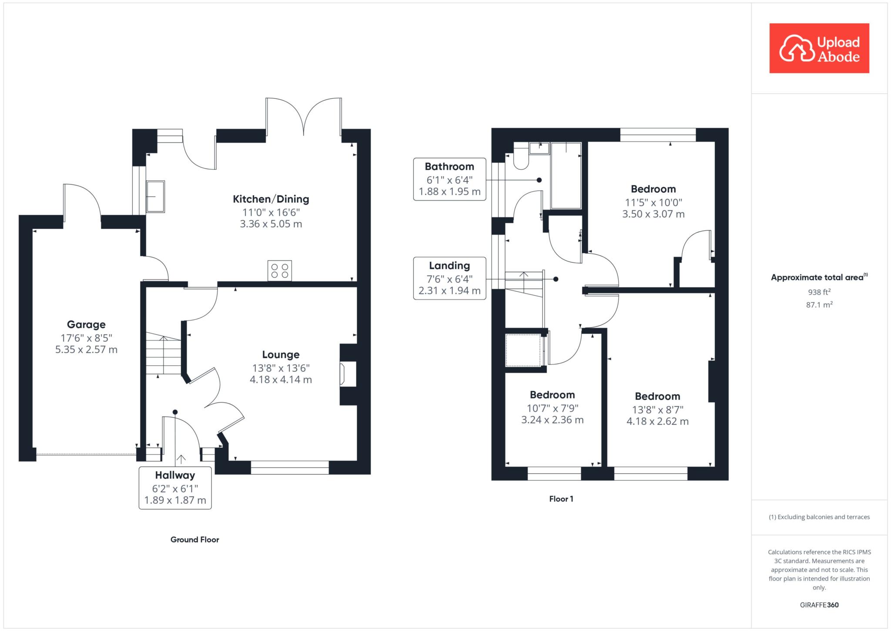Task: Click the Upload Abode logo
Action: click(x=819, y=48)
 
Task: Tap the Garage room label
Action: click(x=86, y=324)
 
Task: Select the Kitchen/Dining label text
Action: click(x=271, y=199)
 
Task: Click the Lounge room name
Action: click(x=281, y=354)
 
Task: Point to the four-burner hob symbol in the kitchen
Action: click(x=280, y=270)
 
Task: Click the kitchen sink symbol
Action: click(x=155, y=196)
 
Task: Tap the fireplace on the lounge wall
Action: click(x=348, y=375)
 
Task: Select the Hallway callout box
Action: click(x=175, y=488)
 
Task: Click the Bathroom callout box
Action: click(x=449, y=179)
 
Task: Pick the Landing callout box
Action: click(x=449, y=278)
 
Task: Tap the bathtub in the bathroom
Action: click(x=566, y=175)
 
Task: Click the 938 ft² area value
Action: click(x=819, y=292)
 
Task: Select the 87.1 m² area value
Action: click(x=819, y=304)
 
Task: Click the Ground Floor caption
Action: click(x=194, y=540)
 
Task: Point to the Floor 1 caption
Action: click(x=561, y=499)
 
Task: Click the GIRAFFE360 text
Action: click(x=819, y=605)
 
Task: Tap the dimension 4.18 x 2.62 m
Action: click(x=657, y=422)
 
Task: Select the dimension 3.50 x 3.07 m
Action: click(x=653, y=214)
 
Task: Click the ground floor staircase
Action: click(x=164, y=353)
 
